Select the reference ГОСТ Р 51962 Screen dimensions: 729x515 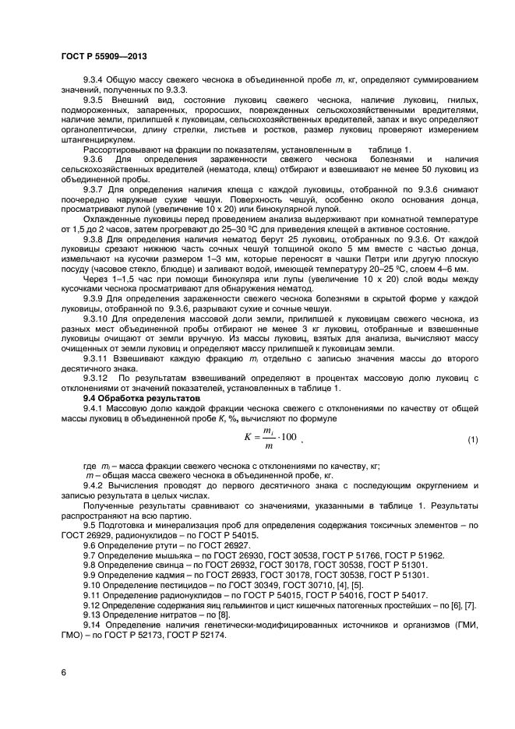pyautogui.click(x=417, y=555)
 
